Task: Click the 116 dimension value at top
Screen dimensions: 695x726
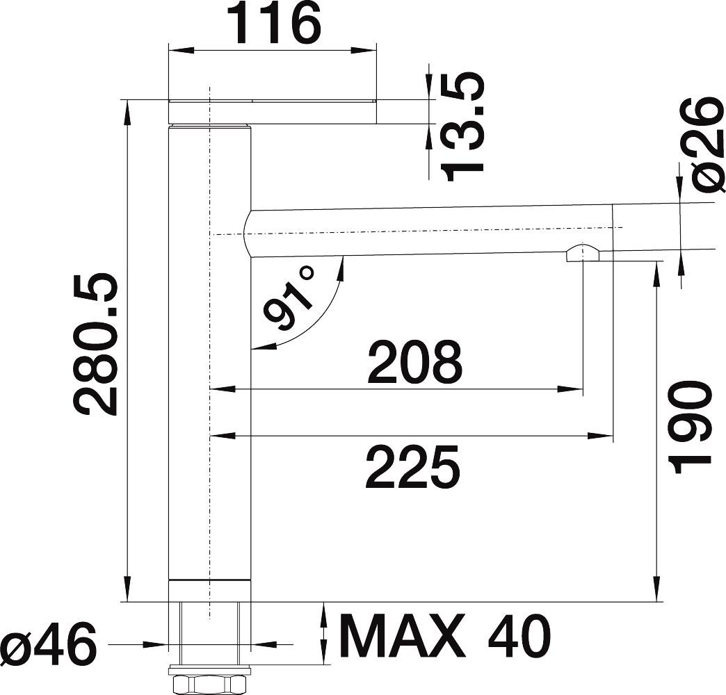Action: coord(277,24)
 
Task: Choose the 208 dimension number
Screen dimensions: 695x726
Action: coord(414,363)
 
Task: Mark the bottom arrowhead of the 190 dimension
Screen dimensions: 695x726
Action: coord(656,591)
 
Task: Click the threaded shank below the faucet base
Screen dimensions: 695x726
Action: coord(209,632)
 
